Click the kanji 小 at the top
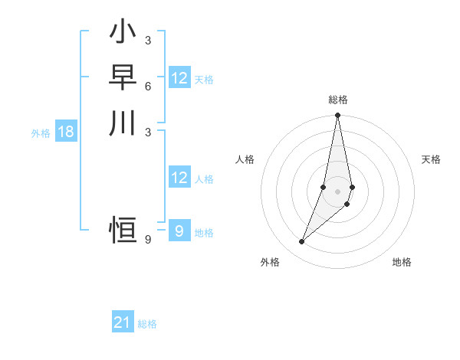click(123, 33)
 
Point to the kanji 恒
click(123, 229)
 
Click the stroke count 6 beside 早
click(148, 86)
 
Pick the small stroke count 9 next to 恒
click(148, 240)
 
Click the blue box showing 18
click(66, 132)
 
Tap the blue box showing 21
click(123, 322)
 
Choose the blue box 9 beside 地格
click(179, 230)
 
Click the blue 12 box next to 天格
click(179, 78)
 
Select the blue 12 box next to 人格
click(179, 178)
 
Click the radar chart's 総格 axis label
click(338, 100)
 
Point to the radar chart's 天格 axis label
click(431, 159)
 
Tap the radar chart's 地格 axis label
click(402, 262)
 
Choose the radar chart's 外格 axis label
click(270, 262)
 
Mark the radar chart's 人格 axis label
click(245, 159)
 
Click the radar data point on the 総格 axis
click(337, 116)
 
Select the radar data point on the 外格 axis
click(302, 242)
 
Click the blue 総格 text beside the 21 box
click(147, 323)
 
